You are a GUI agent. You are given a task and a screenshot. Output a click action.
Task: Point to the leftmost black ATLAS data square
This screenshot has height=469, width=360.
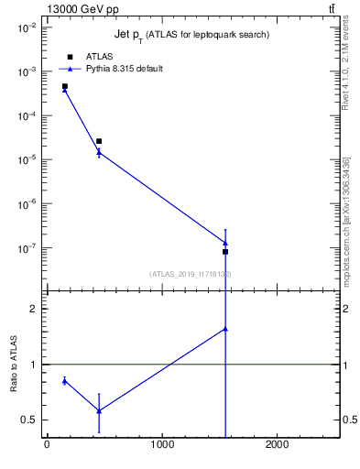coord(65,86)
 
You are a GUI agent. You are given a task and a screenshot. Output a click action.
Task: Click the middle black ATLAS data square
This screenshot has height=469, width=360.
coord(99,141)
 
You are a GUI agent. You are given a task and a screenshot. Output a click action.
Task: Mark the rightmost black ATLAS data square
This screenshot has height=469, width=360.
coord(225,251)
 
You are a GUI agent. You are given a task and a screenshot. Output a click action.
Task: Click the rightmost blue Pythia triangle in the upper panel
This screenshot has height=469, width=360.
coord(225,243)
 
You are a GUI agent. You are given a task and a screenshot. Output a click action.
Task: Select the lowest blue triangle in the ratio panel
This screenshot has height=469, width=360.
coord(99,410)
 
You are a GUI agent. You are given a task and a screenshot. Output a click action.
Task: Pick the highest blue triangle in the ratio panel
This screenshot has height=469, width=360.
coord(225,328)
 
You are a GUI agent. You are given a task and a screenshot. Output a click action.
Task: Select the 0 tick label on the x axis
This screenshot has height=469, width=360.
coord(47,445)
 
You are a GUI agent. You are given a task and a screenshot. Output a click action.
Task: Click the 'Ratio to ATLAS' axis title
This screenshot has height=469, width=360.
coord(13,365)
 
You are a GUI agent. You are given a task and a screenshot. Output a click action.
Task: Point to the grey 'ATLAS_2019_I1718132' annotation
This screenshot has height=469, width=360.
coord(190,274)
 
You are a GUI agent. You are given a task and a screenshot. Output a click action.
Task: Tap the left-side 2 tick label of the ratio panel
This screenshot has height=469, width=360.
coord(33,309)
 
